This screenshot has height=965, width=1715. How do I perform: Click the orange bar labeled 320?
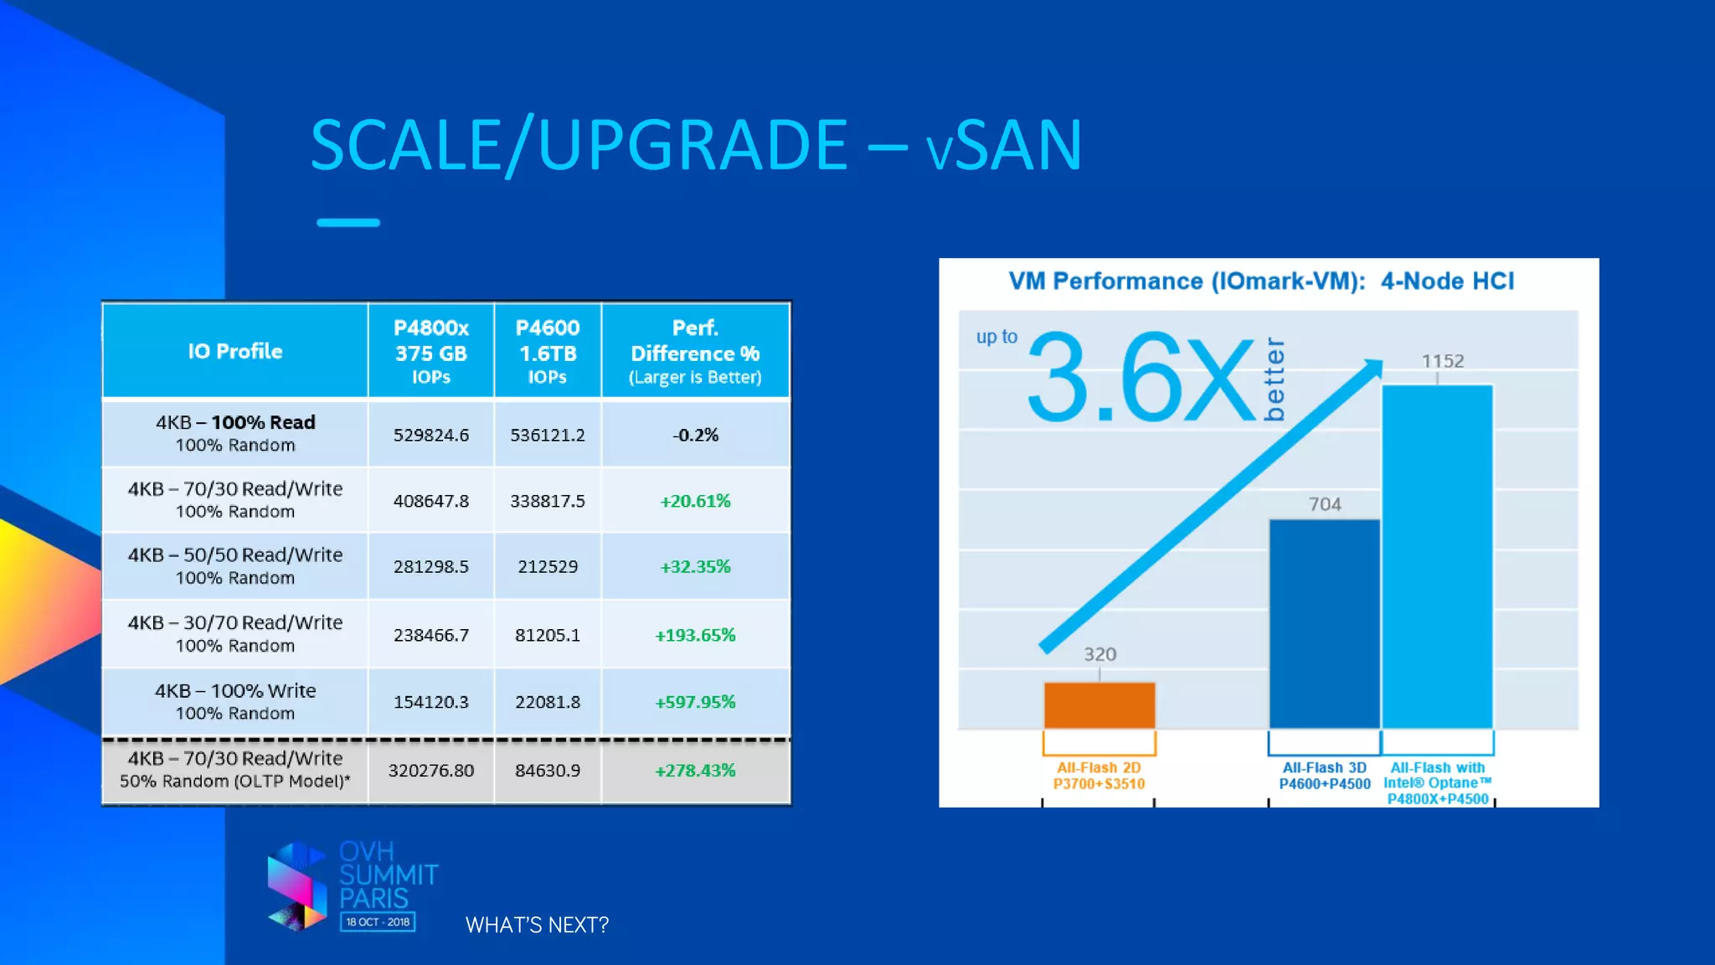pos(1099,705)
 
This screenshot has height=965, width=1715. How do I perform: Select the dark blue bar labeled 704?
pos(1324,624)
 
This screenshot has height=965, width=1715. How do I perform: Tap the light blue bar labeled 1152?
pos(1437,557)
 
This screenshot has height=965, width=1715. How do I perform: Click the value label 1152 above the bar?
pos(1442,361)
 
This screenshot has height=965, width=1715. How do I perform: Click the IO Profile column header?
pos(234,351)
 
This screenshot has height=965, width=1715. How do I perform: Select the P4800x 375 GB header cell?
pos(430,351)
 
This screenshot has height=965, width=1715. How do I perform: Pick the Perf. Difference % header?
pos(695,351)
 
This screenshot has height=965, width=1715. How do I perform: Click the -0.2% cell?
pos(695,435)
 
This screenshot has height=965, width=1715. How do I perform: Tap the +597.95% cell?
pos(695,702)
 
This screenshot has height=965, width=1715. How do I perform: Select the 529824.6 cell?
pos(430,435)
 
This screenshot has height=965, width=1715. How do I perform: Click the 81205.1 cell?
pos(547,635)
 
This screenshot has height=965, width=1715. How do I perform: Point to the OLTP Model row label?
pos(234,770)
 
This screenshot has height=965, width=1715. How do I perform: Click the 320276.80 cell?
pos(430,771)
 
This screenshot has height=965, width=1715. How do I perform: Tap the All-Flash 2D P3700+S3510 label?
pos(1099,776)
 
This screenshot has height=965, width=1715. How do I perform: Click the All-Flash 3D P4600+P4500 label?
pos(1324,776)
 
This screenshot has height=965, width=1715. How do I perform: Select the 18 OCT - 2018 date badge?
pos(378,921)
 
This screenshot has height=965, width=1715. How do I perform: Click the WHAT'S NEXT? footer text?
pos(537,925)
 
